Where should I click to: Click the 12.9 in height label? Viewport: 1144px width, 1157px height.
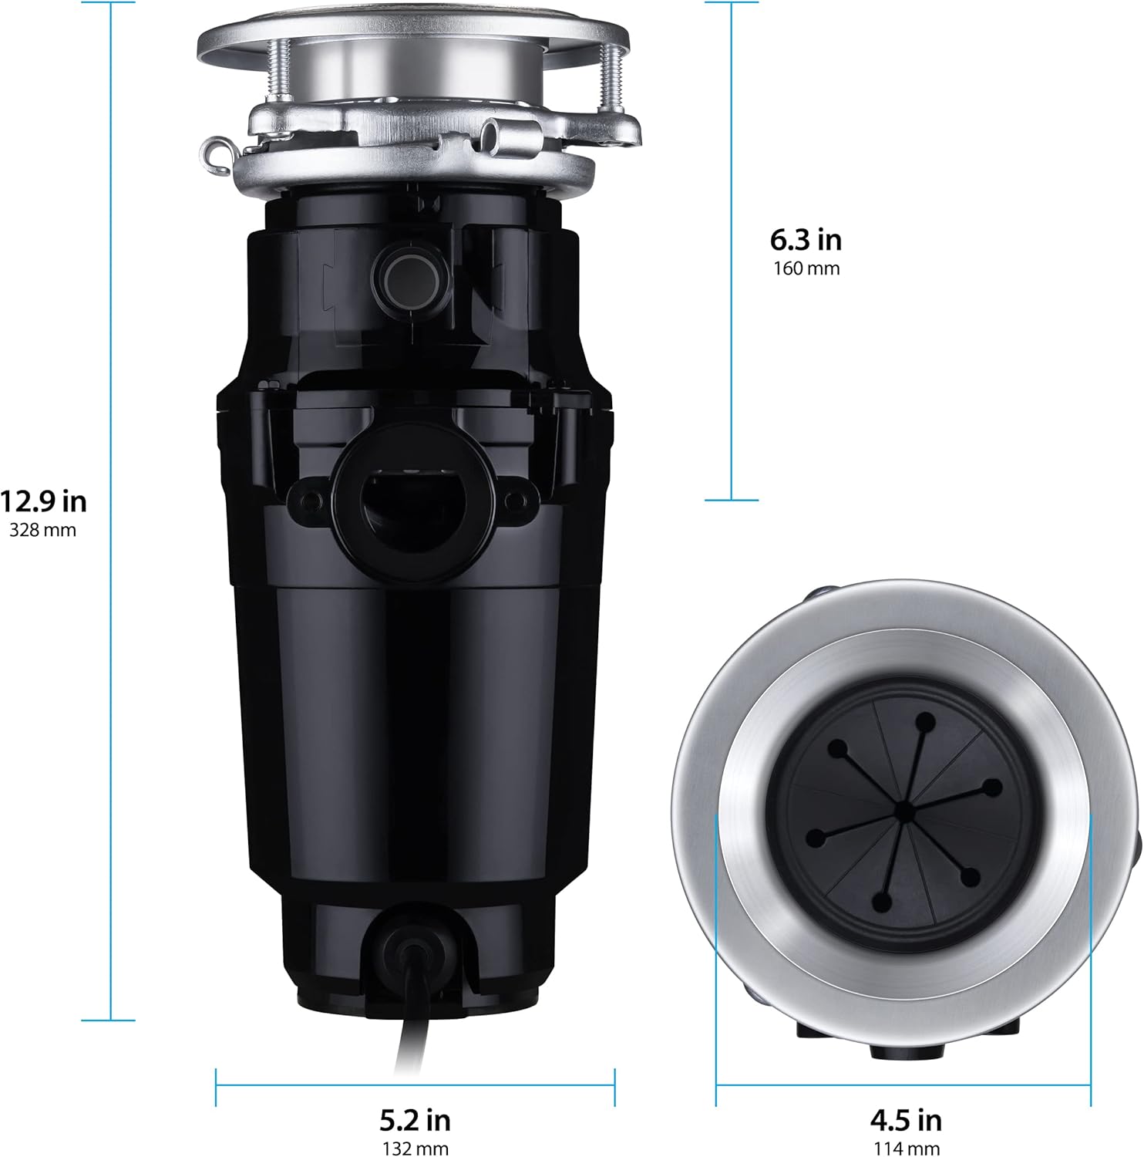[43, 501]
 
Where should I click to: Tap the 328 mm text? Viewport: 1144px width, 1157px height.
[43, 531]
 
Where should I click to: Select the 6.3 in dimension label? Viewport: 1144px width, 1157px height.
[806, 240]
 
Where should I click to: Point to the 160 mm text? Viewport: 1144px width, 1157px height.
[806, 269]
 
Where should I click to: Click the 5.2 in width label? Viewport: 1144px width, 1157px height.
[415, 1118]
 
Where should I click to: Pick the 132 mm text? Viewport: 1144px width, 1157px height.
[415, 1149]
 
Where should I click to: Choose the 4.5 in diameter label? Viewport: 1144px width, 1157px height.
[906, 1118]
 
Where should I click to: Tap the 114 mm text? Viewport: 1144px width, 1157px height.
[906, 1149]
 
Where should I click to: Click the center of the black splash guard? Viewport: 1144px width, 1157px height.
[903, 810]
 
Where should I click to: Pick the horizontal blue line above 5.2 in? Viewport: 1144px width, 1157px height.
[415, 1086]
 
